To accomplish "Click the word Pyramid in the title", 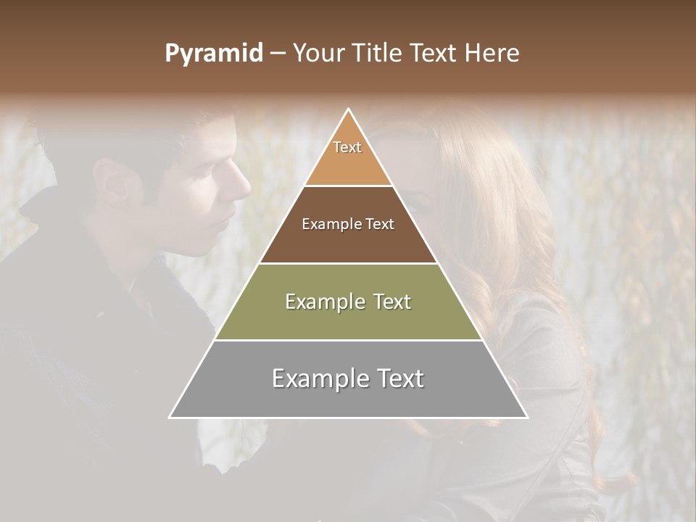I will coord(213,54).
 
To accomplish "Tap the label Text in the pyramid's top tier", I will coord(347,147).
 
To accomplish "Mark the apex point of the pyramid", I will coord(349,109).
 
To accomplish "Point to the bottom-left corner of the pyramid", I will coord(170,418).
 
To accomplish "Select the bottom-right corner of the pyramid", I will coord(527,418).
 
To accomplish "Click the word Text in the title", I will coord(434,54).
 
